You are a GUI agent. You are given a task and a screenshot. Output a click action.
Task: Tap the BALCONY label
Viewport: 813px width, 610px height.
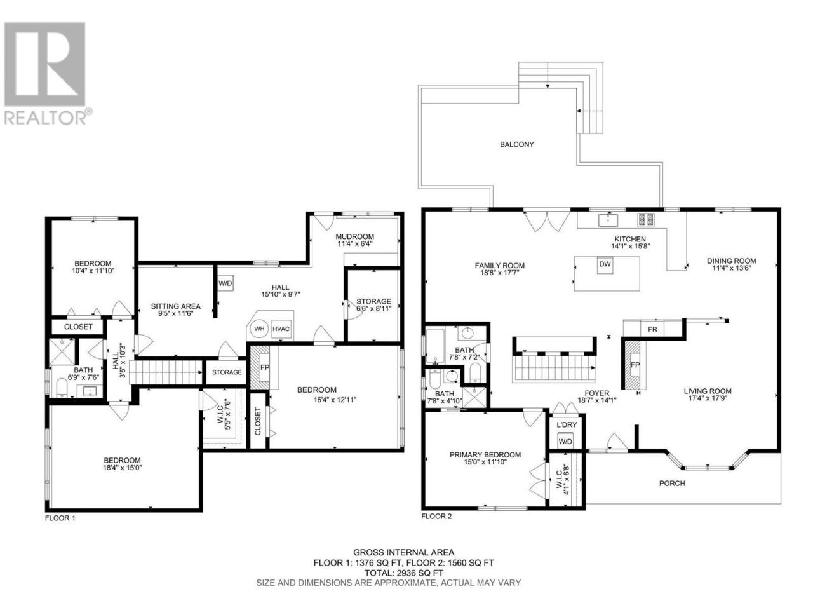point(516,144)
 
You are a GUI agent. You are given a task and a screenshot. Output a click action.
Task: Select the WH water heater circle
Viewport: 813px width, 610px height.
point(259,329)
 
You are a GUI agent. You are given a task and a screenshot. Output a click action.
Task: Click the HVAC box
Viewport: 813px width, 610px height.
point(281,329)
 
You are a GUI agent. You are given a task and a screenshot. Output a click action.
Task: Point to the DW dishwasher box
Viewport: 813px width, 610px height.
point(605,264)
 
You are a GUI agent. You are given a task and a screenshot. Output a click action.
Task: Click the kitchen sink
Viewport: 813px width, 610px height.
point(608,220)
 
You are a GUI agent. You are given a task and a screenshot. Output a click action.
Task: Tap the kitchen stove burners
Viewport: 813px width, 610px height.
point(645,220)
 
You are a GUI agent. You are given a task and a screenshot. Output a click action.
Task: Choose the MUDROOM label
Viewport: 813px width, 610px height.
point(354,236)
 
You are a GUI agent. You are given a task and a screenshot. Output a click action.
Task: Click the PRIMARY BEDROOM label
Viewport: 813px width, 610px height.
point(485,454)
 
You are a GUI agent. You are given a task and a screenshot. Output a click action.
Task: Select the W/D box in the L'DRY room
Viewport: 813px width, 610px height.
point(565,441)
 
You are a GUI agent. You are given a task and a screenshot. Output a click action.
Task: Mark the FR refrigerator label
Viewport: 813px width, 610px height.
point(652,329)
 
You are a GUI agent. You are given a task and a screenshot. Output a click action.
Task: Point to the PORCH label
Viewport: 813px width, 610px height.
point(672,484)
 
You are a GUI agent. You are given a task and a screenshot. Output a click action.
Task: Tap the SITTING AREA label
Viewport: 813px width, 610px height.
point(175,306)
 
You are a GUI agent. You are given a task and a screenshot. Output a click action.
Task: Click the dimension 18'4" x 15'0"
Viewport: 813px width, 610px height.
point(122,468)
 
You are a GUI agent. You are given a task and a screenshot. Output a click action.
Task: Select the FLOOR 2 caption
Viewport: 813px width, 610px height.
point(436,517)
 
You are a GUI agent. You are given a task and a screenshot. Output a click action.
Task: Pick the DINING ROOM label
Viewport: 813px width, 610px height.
point(731,261)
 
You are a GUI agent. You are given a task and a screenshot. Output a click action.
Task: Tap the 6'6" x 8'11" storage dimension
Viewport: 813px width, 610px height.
point(373,309)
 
